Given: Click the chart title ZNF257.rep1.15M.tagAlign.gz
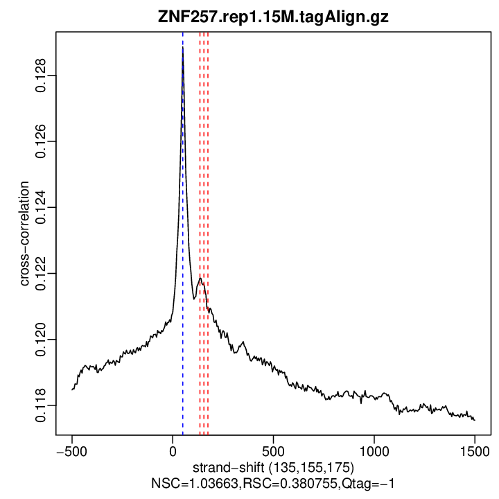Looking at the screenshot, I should click(274, 17).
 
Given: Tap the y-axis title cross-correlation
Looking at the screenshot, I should click(25, 234).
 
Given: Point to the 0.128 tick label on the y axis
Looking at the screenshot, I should click(41, 76).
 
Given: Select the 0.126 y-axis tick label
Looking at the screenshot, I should click(41, 141).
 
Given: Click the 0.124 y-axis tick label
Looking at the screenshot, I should click(41, 207).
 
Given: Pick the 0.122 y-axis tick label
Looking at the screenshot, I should click(41, 273).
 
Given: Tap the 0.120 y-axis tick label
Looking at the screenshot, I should click(41, 339).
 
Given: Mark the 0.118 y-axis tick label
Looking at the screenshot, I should click(41, 405).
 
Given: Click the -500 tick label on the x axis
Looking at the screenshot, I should click(71, 450).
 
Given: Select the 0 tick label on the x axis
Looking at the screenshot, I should click(173, 450).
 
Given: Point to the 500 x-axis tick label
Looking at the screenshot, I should click(273, 450).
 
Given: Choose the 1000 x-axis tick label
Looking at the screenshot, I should click(374, 450).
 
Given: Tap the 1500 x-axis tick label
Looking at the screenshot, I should click(475, 450).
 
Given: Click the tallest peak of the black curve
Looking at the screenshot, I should click(183, 49).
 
